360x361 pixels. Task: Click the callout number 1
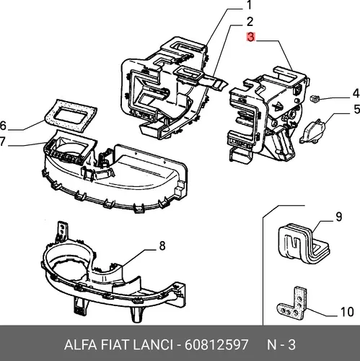coord(248,5)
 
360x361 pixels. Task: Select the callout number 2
coord(250,22)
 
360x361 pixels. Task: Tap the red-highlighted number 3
coord(250,38)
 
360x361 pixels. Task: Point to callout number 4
coord(356,94)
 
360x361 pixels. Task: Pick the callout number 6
coord(3,126)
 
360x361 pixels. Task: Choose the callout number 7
coord(2,142)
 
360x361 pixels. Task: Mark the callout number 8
coord(162,246)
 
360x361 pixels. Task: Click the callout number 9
coord(338,217)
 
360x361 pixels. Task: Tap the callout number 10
coord(347,312)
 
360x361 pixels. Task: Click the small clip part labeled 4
coord(314,98)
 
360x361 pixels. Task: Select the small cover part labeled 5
coord(312,131)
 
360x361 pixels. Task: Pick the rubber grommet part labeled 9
coord(304,243)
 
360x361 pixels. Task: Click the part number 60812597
coord(216,344)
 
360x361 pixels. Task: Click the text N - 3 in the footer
coord(281,344)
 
